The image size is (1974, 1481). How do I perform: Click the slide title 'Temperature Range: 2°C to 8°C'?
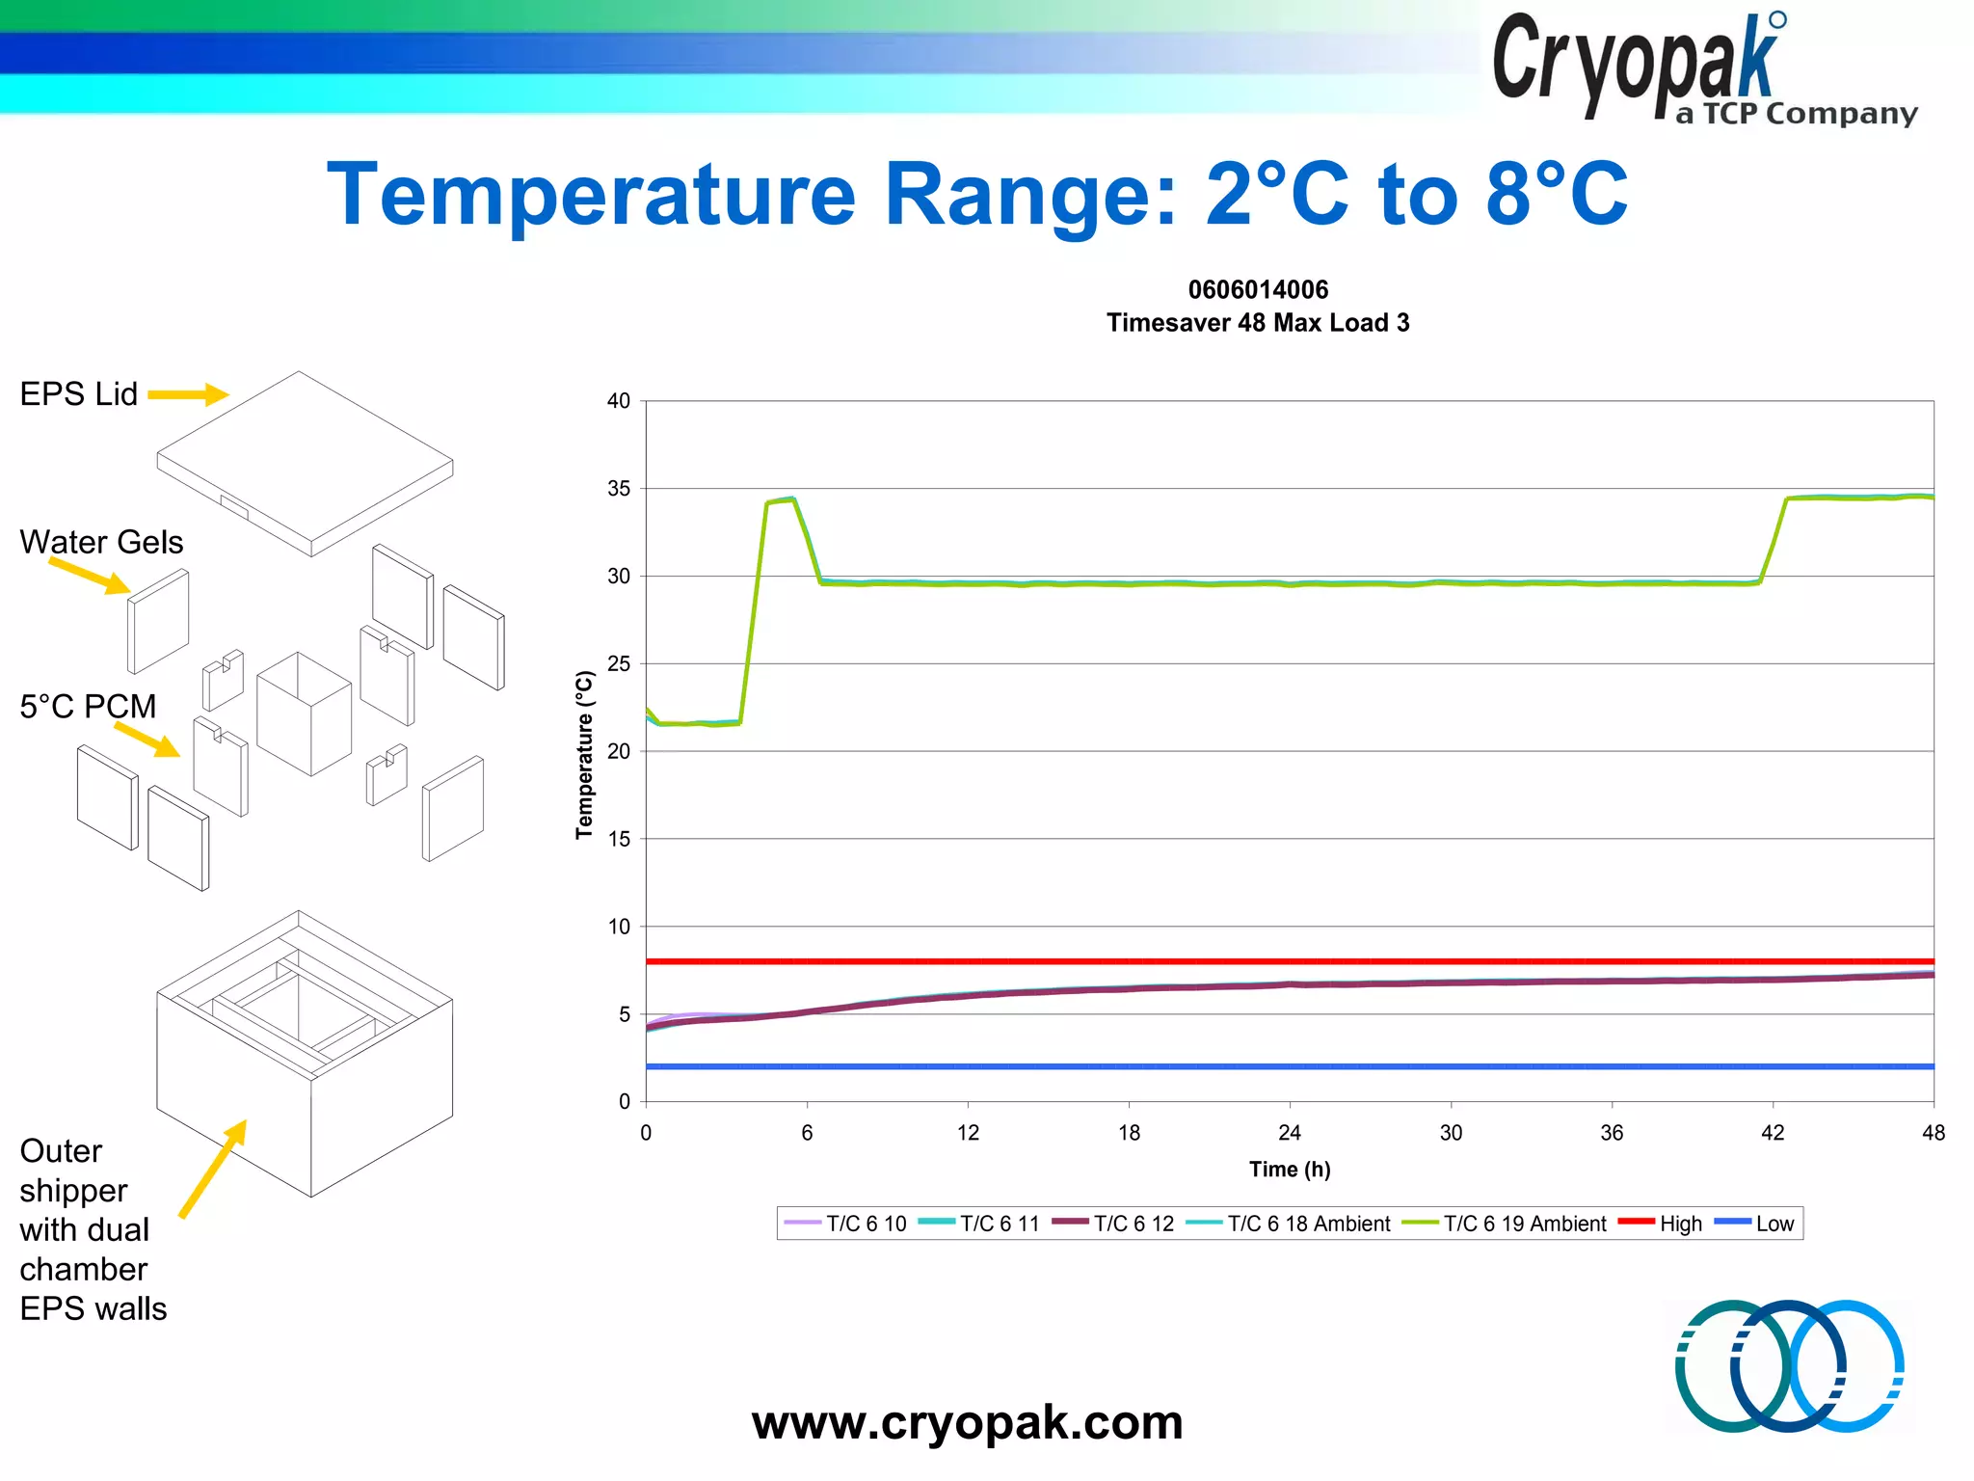pyautogui.click(x=977, y=195)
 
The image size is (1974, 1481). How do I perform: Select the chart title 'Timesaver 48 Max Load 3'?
pyautogui.click(x=1257, y=323)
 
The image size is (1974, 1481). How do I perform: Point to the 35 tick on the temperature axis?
pyautogui.click(x=619, y=489)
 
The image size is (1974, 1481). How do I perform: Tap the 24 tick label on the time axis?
pyautogui.click(x=1289, y=1133)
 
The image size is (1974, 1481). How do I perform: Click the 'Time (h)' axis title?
pyautogui.click(x=1289, y=1170)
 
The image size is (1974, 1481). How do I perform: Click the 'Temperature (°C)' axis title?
pyautogui.click(x=584, y=754)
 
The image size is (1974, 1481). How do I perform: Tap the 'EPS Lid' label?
pyautogui.click(x=79, y=394)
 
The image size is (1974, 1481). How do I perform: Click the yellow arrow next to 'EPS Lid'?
pyautogui.click(x=188, y=394)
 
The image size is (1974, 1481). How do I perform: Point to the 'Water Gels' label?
pyautogui.click(x=101, y=542)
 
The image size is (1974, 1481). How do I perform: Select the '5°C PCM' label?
pyautogui.click(x=88, y=707)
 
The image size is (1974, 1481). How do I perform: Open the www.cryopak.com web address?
pyautogui.click(x=967, y=1422)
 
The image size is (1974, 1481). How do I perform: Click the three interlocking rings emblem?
pyautogui.click(x=1789, y=1366)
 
